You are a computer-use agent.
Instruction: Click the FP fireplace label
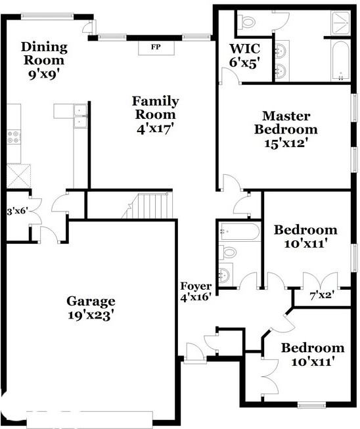155,48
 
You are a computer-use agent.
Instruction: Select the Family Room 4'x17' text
155,115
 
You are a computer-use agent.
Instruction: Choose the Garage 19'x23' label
91,307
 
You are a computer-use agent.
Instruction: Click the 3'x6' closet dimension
16,212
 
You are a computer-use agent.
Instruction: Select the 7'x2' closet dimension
321,296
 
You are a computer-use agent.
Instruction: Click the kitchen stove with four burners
14,137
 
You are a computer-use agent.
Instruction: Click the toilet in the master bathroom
248,22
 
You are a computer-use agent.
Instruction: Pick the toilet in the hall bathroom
227,252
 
